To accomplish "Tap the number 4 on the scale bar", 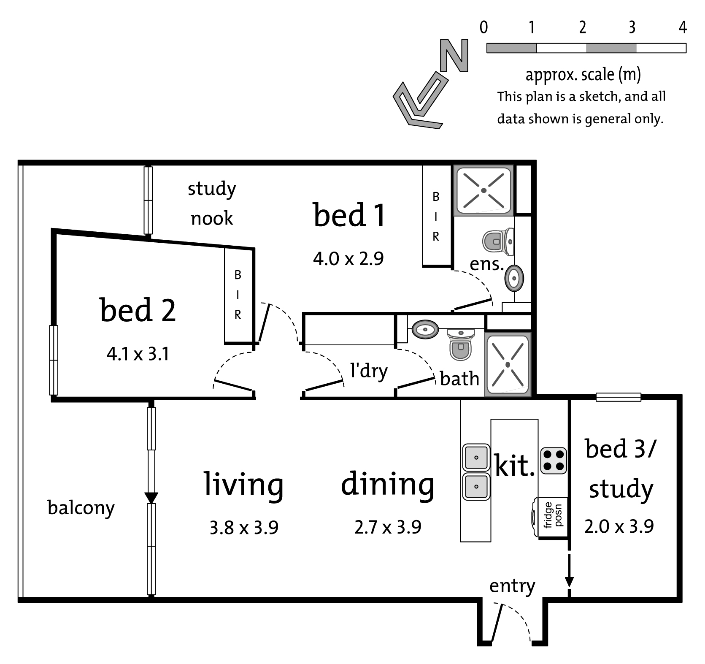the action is (683, 27).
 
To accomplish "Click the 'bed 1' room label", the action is (349, 215).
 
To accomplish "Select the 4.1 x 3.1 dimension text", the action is (138, 354).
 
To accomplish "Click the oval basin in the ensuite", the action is (514, 278).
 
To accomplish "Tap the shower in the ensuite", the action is (484, 190).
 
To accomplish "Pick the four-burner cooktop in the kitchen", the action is (554, 461).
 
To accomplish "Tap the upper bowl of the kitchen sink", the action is (476, 457).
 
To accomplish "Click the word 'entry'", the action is (512, 586).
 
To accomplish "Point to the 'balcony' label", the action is (81, 508).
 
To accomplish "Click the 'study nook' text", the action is (212, 203).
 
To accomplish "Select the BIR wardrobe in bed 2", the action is (238, 295).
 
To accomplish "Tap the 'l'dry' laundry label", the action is (369, 371).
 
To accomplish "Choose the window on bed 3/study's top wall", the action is (619, 397).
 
